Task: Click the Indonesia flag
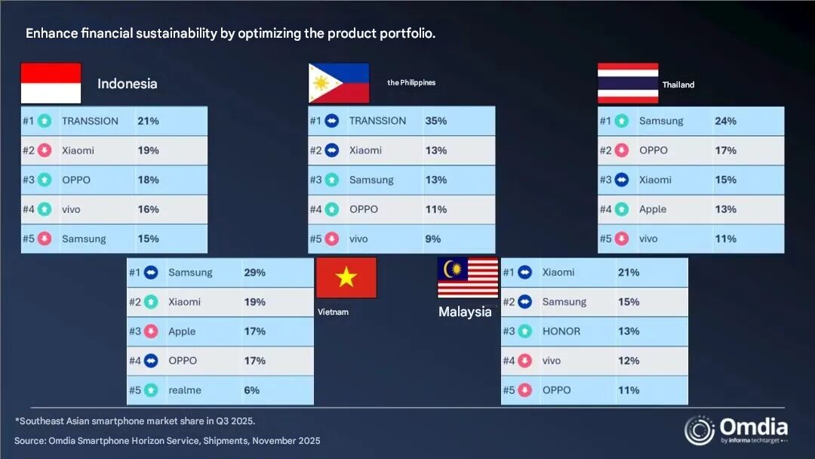coord(51,83)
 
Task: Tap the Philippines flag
coord(339,83)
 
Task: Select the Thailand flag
coord(628,83)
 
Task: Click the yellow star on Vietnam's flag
coord(346,278)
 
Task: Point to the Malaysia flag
coord(468,278)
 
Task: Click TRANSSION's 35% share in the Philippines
coord(436,121)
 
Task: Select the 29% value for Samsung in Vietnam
coord(254,273)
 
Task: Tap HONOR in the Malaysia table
coord(561,331)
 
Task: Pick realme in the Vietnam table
coord(185,390)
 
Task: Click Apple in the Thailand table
coord(653,209)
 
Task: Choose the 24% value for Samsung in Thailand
coord(725,121)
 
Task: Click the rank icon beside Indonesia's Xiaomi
coord(45,150)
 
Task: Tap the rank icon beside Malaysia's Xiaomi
coord(524,273)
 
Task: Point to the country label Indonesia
coord(128,84)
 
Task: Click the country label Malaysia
coord(465,312)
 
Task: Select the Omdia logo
coord(735,429)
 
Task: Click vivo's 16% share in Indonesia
coord(148,209)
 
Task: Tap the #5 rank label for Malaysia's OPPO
coord(508,390)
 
